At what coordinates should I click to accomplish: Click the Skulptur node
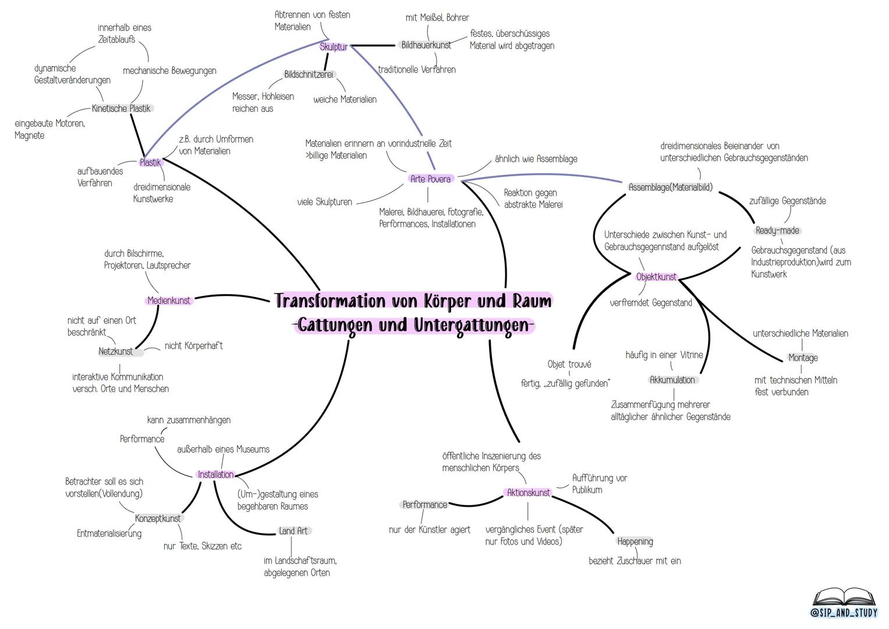coord(334,47)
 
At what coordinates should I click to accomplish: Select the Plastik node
coord(150,163)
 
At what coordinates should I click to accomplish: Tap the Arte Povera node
coord(430,179)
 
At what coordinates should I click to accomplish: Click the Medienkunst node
coord(169,301)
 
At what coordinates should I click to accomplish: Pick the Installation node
coord(215,475)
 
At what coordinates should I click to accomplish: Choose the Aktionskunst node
coord(528,493)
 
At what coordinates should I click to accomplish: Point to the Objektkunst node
coord(656,277)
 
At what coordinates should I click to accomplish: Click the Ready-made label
coord(777,231)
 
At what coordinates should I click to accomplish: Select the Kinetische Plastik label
coord(121,108)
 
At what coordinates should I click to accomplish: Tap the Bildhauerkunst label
coord(426,45)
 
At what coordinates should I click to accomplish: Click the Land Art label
coord(293,531)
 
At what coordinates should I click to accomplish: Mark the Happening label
coord(635,542)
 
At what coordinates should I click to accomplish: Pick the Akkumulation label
coord(672,380)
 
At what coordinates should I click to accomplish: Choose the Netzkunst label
coord(116,352)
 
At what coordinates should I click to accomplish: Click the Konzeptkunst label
coord(158,518)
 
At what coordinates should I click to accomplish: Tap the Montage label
coord(803,358)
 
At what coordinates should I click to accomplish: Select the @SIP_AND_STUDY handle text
coord(844,613)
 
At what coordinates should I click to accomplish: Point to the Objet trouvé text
coord(569,365)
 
